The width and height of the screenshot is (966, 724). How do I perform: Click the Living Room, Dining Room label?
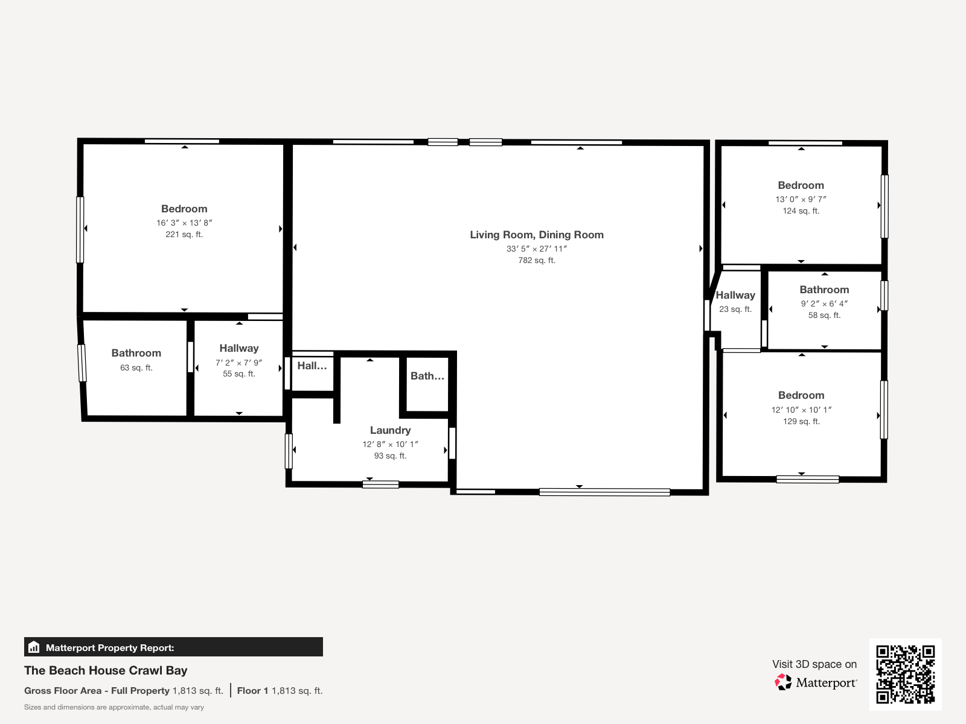tap(537, 235)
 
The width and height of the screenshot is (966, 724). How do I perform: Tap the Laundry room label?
tap(391, 430)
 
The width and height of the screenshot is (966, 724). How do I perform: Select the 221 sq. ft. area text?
tap(184, 234)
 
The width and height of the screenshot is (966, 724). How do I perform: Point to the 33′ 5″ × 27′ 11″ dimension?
tap(537, 249)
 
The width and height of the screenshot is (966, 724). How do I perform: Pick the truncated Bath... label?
tap(427, 376)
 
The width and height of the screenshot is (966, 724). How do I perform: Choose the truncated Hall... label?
tap(312, 366)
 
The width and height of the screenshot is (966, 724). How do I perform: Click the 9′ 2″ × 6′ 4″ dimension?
tap(824, 303)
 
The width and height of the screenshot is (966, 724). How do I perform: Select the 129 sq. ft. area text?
tap(801, 422)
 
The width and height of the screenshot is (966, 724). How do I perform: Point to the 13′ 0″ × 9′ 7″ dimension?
tap(801, 199)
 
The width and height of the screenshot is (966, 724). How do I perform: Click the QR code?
tap(905, 675)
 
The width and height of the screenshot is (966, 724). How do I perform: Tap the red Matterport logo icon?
tap(783, 682)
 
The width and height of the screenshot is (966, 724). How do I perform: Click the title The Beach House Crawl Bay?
tap(106, 670)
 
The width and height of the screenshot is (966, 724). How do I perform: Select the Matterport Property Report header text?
tap(110, 647)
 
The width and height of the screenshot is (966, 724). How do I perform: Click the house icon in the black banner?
tap(34, 647)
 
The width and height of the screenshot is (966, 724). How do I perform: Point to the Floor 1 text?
tap(252, 691)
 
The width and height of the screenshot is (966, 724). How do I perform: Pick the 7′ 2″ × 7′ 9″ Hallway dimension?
tap(238, 363)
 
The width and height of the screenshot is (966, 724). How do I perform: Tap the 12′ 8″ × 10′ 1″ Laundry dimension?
tap(391, 445)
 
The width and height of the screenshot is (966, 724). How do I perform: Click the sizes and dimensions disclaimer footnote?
tap(114, 707)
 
